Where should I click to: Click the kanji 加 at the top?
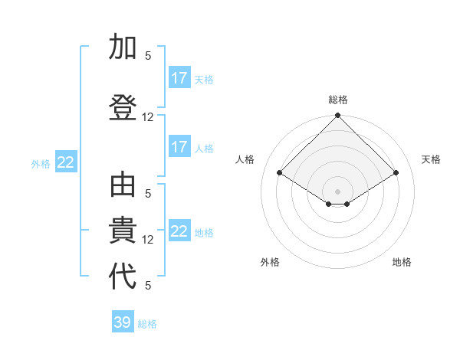click(123, 47)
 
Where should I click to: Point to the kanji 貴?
click(123, 232)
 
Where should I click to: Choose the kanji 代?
click(123, 276)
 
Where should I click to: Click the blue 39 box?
click(123, 322)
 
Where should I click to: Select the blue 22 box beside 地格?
click(179, 231)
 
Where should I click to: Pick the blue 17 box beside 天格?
click(179, 78)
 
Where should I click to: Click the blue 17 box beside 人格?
click(179, 147)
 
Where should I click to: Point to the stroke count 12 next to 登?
click(148, 117)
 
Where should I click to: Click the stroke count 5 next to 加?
click(148, 55)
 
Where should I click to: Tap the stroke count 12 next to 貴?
click(148, 240)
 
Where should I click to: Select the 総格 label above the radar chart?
click(338, 100)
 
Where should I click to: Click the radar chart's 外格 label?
click(270, 262)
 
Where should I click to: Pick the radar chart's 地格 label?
click(402, 262)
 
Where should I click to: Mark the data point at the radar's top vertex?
click(338, 116)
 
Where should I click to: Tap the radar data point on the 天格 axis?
click(396, 173)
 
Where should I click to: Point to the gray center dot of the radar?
click(338, 191)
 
